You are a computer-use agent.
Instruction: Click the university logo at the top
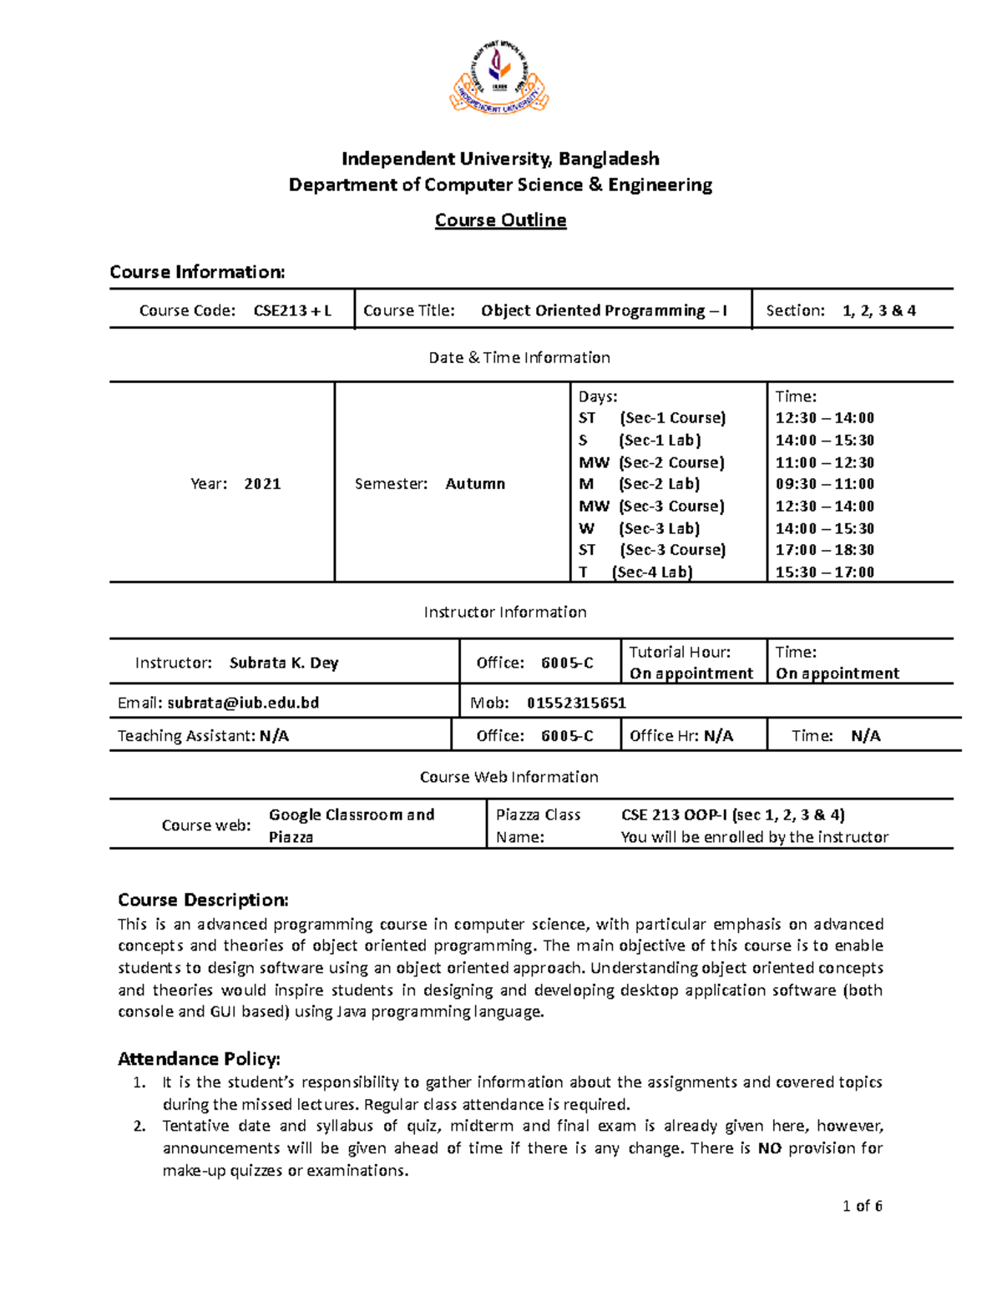click(499, 77)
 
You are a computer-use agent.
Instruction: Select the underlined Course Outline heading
click(500, 220)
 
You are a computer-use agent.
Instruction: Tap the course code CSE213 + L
click(292, 310)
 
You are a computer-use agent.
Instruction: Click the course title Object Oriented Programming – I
click(604, 310)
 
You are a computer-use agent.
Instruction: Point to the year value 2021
click(262, 484)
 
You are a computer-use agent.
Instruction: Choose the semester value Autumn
click(475, 484)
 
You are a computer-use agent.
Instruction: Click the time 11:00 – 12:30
click(824, 462)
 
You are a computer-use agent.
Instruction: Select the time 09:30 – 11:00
click(824, 484)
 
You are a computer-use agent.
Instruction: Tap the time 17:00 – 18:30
click(824, 550)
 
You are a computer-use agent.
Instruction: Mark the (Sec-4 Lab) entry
click(652, 572)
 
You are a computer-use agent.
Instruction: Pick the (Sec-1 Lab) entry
click(660, 441)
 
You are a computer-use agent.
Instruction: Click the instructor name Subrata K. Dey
click(284, 663)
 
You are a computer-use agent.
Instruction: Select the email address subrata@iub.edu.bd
click(243, 703)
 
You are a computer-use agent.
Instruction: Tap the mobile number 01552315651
click(576, 703)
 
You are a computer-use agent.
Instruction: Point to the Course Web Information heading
click(509, 777)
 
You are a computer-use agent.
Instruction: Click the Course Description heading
click(203, 900)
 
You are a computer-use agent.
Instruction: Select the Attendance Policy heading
click(199, 1059)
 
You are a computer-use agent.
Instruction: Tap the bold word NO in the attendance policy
click(769, 1148)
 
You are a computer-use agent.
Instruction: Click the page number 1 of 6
click(863, 1206)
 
